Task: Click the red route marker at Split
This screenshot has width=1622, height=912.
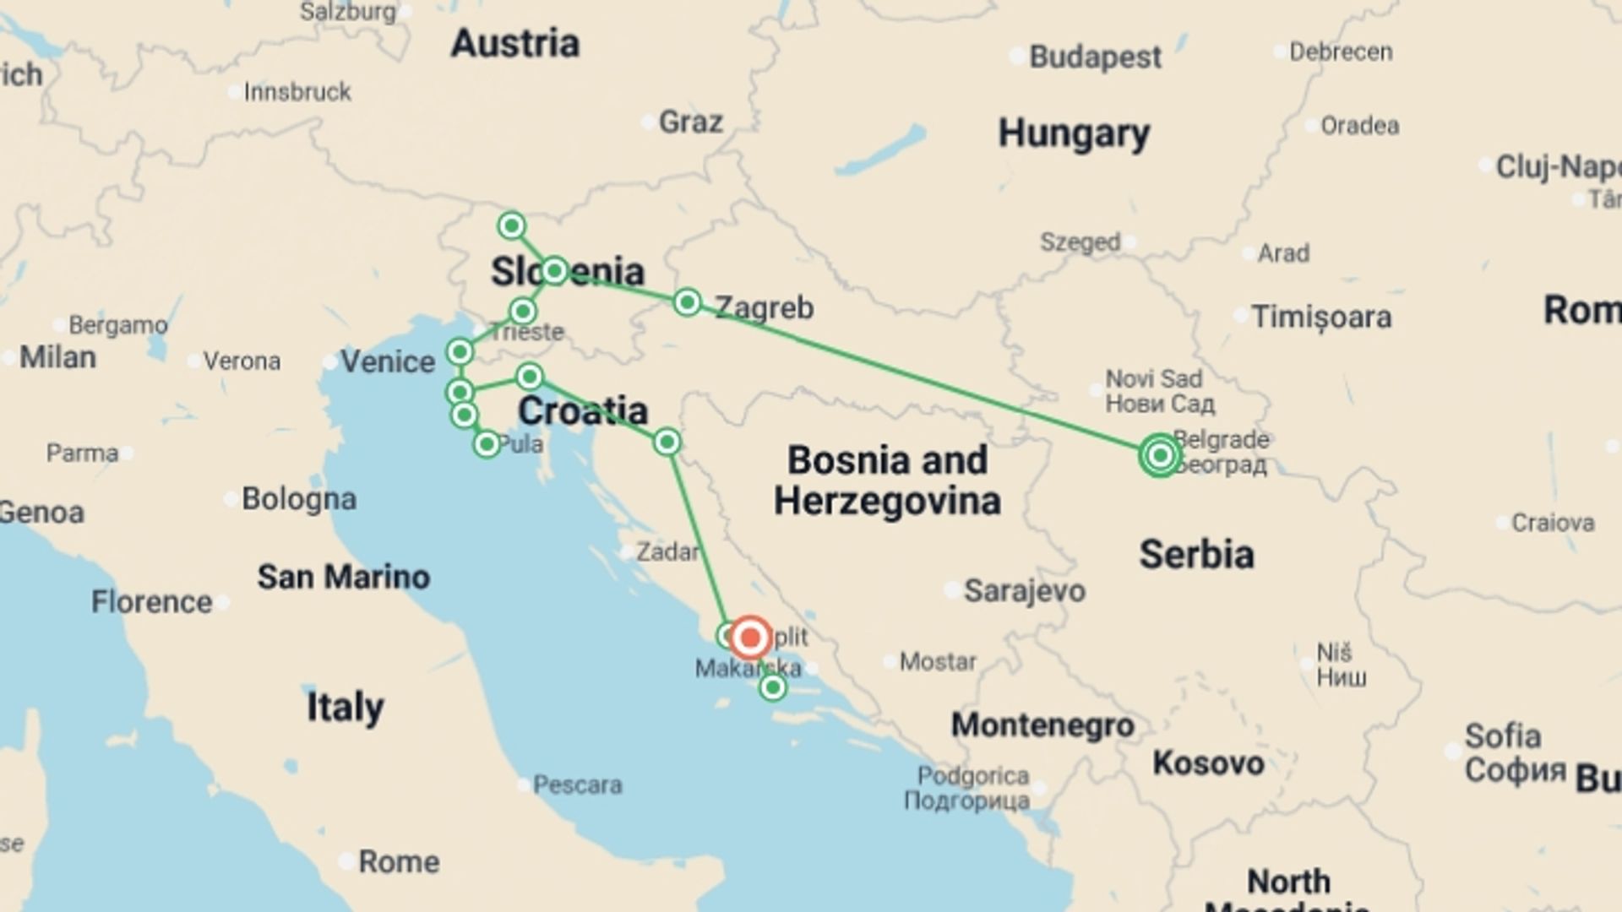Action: click(750, 638)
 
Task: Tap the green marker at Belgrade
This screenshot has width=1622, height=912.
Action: click(1160, 455)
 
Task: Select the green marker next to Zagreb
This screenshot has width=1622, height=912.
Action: click(688, 302)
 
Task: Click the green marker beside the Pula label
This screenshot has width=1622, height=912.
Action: click(487, 444)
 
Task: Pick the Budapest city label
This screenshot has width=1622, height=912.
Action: click(1095, 57)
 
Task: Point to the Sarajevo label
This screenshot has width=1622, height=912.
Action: click(1024, 590)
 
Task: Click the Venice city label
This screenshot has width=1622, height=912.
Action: click(387, 361)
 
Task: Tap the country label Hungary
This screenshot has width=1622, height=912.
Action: click(1074, 133)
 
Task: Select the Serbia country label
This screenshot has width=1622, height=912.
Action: click(1196, 555)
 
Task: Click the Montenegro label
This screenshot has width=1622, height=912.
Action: click(1042, 725)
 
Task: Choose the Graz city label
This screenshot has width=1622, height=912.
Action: click(690, 122)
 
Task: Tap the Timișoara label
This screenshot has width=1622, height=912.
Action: click(1321, 318)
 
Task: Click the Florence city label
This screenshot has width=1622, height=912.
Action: click(152, 602)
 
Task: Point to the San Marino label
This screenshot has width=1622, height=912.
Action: click(344, 577)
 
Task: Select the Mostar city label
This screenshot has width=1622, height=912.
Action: click(938, 661)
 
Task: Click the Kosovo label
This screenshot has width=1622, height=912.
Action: click(1208, 763)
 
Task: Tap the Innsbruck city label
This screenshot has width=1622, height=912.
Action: click(297, 92)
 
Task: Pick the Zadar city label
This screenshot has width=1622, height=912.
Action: click(667, 552)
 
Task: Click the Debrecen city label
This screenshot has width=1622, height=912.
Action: click(1341, 52)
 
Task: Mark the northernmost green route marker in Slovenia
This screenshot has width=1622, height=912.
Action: click(512, 225)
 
